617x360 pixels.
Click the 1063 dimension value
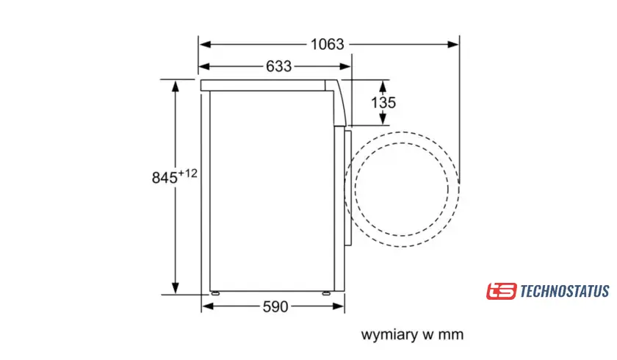pos(327,44)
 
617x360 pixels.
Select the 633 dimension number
pos(278,66)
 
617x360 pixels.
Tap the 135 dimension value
pos(383,103)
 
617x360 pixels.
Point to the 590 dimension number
pos(275,306)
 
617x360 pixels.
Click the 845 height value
pos(165,178)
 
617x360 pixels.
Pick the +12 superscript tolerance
pos(188,173)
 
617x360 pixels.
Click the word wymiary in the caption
pos(389,335)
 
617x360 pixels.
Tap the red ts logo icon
pos(501,291)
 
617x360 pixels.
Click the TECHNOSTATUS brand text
pos(565,291)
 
